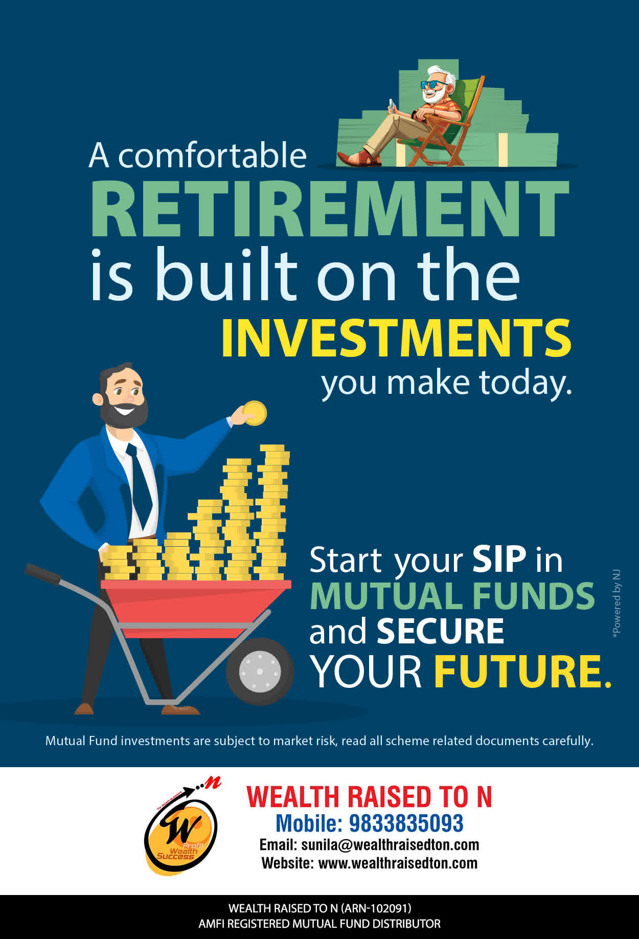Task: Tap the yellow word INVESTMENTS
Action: (x=396, y=338)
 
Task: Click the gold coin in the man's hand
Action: (x=255, y=413)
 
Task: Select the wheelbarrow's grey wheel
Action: (x=260, y=671)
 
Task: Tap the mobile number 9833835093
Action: (x=406, y=823)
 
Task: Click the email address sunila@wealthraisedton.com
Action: (x=390, y=844)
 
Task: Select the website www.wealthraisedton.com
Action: (x=398, y=863)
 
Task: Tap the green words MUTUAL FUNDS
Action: (x=452, y=596)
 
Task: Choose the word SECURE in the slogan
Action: (x=440, y=631)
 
